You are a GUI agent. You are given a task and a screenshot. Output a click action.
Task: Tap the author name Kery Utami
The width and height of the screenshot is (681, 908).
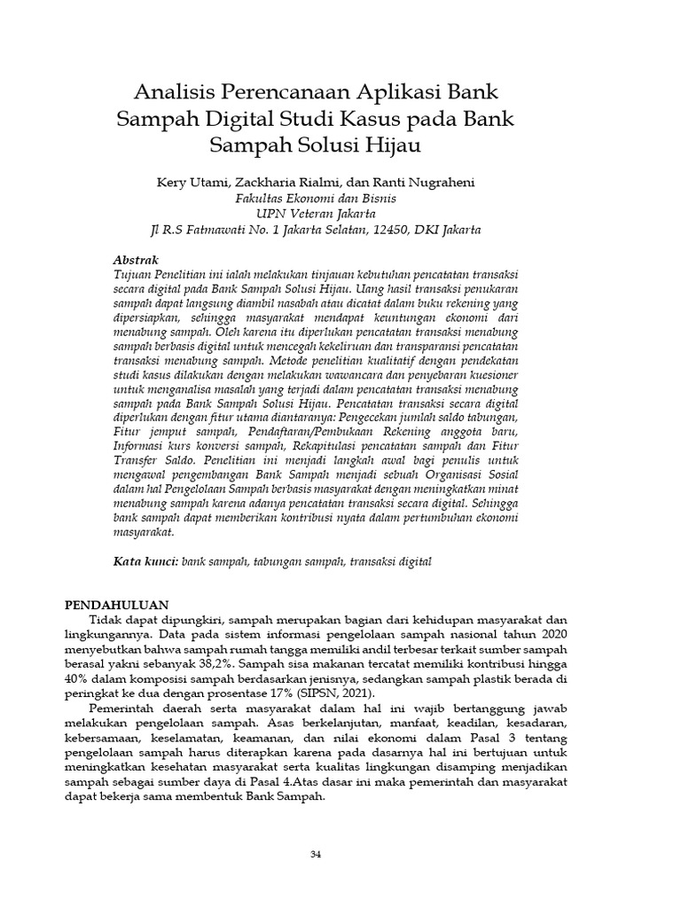[x=190, y=182]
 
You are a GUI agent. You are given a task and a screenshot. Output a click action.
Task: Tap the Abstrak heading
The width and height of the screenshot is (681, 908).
[x=137, y=260]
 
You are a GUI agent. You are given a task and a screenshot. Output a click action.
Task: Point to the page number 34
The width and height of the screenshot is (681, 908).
[x=315, y=853]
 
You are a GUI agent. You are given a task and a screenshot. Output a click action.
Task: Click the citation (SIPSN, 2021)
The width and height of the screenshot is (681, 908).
[x=325, y=693]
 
